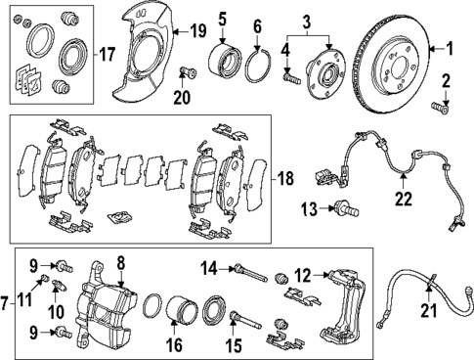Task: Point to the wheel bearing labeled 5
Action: point(223,64)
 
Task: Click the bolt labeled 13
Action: point(345,207)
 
